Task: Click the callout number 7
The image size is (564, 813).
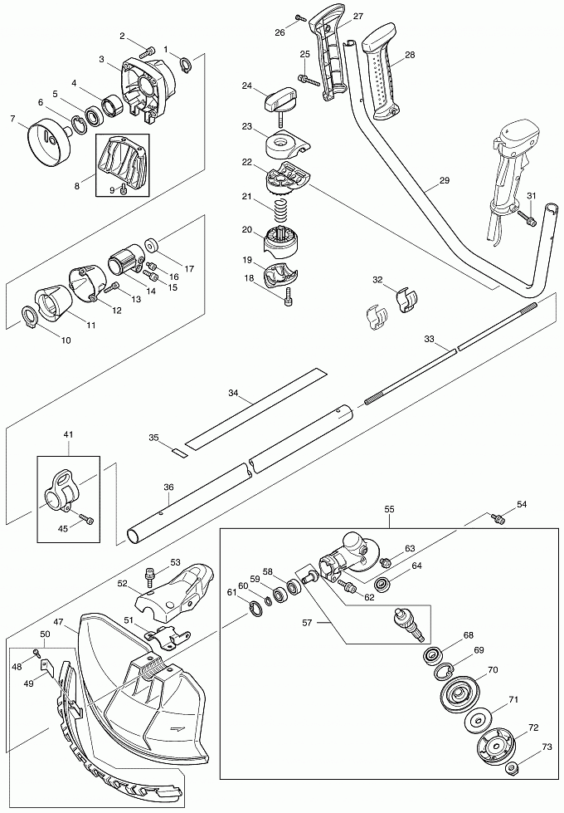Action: coord(12,120)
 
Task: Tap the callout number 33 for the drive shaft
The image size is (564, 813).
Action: coord(429,340)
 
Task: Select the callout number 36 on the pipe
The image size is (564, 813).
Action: coord(168,487)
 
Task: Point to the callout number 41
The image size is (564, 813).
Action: coord(68,434)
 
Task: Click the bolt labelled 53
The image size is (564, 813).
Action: coord(150,572)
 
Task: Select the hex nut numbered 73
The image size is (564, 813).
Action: coord(513,767)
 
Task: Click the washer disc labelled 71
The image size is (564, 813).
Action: coord(479,718)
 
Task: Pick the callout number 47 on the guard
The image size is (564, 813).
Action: coord(59,621)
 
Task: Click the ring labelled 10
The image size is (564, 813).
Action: coord(29,316)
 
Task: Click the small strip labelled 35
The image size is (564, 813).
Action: coord(177,451)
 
